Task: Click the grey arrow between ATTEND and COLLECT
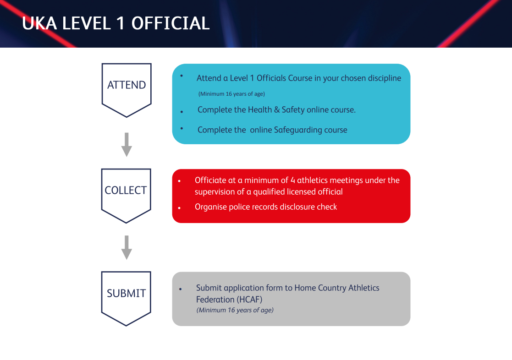point(127,145)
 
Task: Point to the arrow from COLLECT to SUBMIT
point(127,247)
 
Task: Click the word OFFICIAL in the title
point(171,23)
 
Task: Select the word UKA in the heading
point(39,23)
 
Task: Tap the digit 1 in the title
point(120,23)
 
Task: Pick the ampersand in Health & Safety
point(277,109)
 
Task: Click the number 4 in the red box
point(292,180)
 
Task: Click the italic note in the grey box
point(235,310)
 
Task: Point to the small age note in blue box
point(231,94)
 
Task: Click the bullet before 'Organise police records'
point(179,208)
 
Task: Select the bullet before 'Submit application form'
point(180,289)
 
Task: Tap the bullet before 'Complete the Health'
point(182,112)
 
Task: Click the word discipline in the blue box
point(384,78)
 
